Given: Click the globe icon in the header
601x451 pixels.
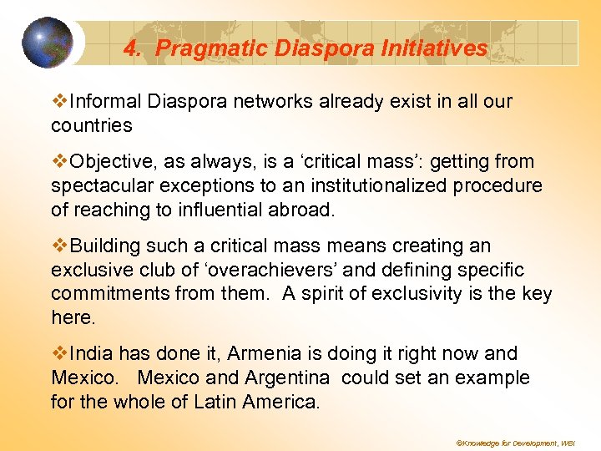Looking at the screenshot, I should [48, 42].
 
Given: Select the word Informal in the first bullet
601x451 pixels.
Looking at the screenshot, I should [106, 102].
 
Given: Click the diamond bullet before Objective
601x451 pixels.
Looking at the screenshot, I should [60, 161].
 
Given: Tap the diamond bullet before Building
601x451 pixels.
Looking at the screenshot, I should [60, 246].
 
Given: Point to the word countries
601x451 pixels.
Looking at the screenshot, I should [92, 126].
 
